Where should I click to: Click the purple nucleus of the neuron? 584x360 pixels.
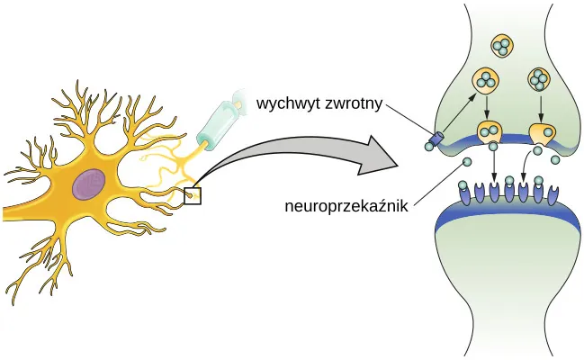90,185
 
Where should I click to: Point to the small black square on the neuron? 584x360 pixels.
193,194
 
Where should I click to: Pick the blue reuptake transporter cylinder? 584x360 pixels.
436,139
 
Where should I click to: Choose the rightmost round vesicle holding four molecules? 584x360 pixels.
539,80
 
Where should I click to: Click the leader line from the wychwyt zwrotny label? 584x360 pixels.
409,119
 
